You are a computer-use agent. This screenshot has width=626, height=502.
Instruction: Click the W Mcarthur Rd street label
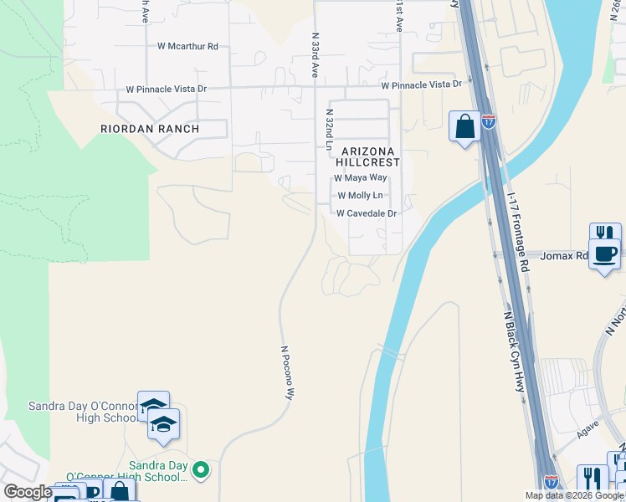tap(187, 47)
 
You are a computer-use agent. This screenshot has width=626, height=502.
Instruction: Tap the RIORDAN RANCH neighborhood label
tap(150, 129)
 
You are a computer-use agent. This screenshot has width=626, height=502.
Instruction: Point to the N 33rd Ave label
tap(316, 55)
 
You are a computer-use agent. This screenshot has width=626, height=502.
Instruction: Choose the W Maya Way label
tap(361, 178)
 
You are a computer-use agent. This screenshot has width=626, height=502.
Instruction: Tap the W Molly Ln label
tap(360, 196)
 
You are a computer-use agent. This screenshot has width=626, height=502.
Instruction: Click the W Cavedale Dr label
tap(366, 213)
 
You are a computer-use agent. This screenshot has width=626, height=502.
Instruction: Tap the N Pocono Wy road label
tap(285, 373)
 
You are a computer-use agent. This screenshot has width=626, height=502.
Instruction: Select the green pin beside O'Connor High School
tap(200, 470)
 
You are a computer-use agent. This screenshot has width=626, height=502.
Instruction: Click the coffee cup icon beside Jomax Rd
tap(604, 253)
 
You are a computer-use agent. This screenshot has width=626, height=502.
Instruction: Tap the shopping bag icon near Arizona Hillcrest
tap(464, 126)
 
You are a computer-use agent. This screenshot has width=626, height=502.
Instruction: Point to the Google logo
tap(28, 492)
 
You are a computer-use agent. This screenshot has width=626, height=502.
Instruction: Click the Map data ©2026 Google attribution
tap(574, 495)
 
